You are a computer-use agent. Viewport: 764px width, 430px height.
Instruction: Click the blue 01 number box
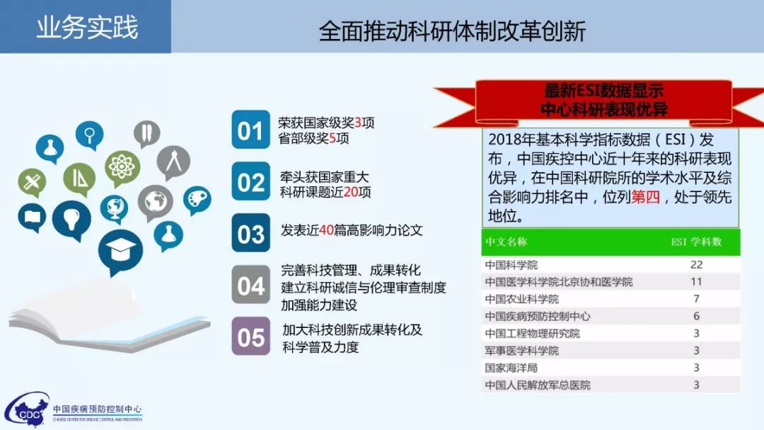[250, 130]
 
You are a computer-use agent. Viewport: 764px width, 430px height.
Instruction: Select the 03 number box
[250, 233]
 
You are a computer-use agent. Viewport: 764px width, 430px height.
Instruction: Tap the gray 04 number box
[250, 285]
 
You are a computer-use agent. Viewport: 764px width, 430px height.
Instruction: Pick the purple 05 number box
[250, 336]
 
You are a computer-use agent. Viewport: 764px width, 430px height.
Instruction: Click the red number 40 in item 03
[326, 230]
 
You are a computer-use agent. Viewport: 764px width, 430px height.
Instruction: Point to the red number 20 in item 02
[351, 192]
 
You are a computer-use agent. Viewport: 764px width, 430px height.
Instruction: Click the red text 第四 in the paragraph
[646, 197]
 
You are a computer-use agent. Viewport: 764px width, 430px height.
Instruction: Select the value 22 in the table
[696, 264]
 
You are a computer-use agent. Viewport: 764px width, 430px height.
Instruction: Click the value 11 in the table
[696, 282]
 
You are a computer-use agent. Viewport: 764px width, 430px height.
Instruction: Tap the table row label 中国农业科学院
[521, 299]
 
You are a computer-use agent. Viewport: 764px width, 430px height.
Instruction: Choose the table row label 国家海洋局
[511, 368]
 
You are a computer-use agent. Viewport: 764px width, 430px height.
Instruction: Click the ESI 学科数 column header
[696, 242]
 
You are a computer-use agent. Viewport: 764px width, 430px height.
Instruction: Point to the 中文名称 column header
[506, 242]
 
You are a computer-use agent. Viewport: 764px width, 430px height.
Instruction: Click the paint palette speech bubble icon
[197, 200]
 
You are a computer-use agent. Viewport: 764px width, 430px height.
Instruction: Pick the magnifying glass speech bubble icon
[90, 135]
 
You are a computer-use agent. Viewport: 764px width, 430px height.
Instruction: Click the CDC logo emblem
[26, 410]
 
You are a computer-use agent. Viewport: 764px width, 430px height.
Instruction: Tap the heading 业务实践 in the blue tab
[87, 27]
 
